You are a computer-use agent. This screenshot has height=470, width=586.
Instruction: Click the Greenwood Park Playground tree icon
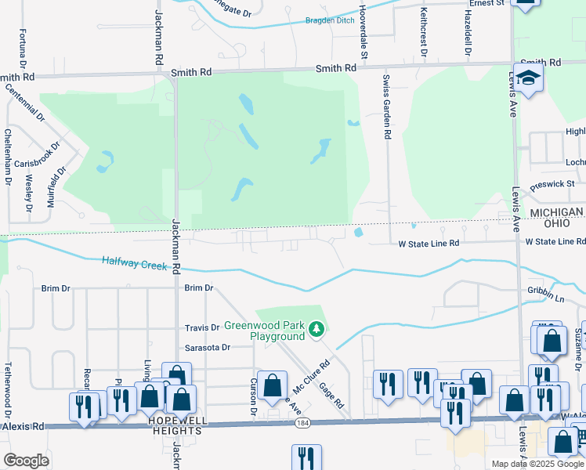317,329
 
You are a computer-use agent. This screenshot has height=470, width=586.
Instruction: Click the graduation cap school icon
529,78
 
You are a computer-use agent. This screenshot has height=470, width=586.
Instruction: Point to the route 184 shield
302,423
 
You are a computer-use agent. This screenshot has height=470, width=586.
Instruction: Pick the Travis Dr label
202,327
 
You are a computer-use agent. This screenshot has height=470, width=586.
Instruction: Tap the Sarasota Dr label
207,347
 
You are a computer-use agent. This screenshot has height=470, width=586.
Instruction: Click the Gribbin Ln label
546,298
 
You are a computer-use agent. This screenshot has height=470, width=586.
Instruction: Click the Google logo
26,460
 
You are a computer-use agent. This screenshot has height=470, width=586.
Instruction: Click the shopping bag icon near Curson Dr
273,386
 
